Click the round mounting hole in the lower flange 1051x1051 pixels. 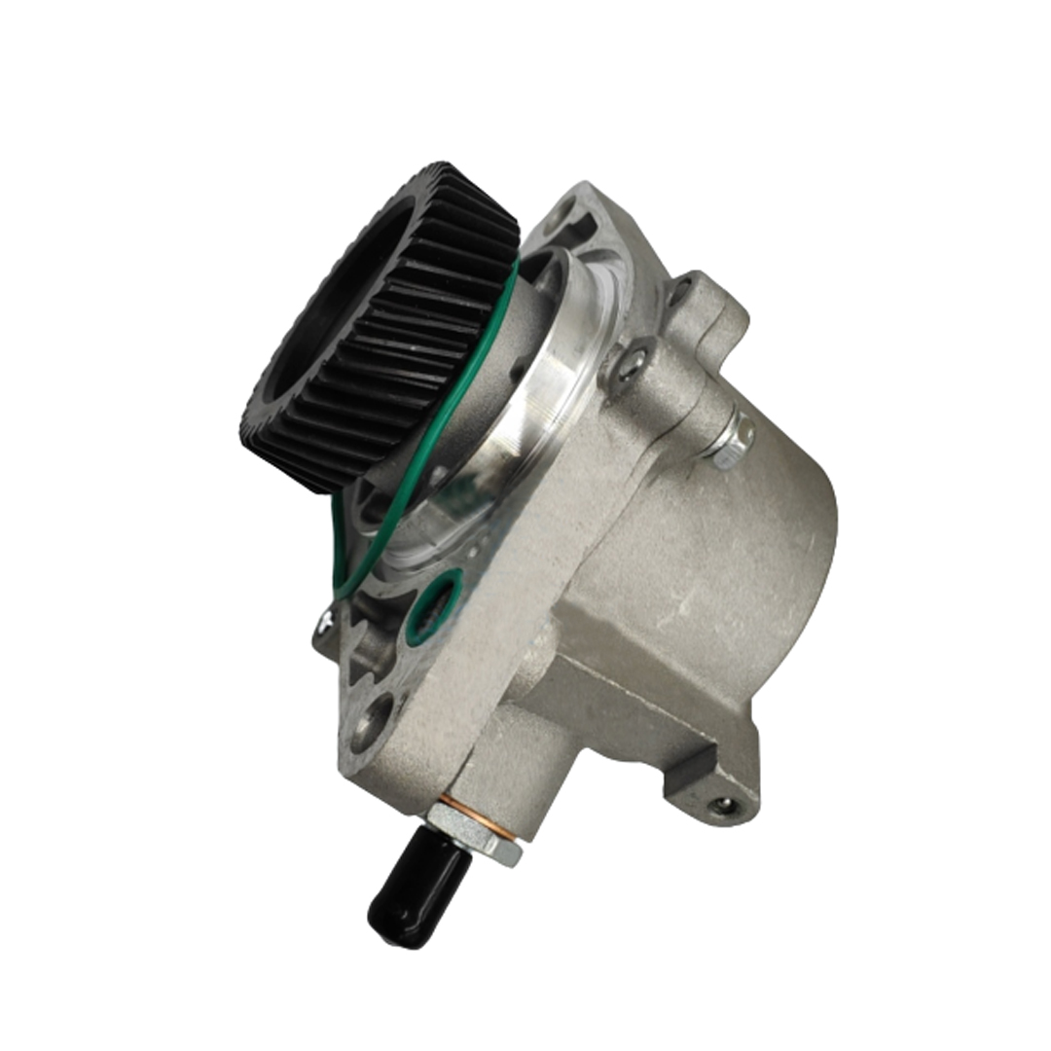(373, 721)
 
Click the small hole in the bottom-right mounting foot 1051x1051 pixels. (722, 804)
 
